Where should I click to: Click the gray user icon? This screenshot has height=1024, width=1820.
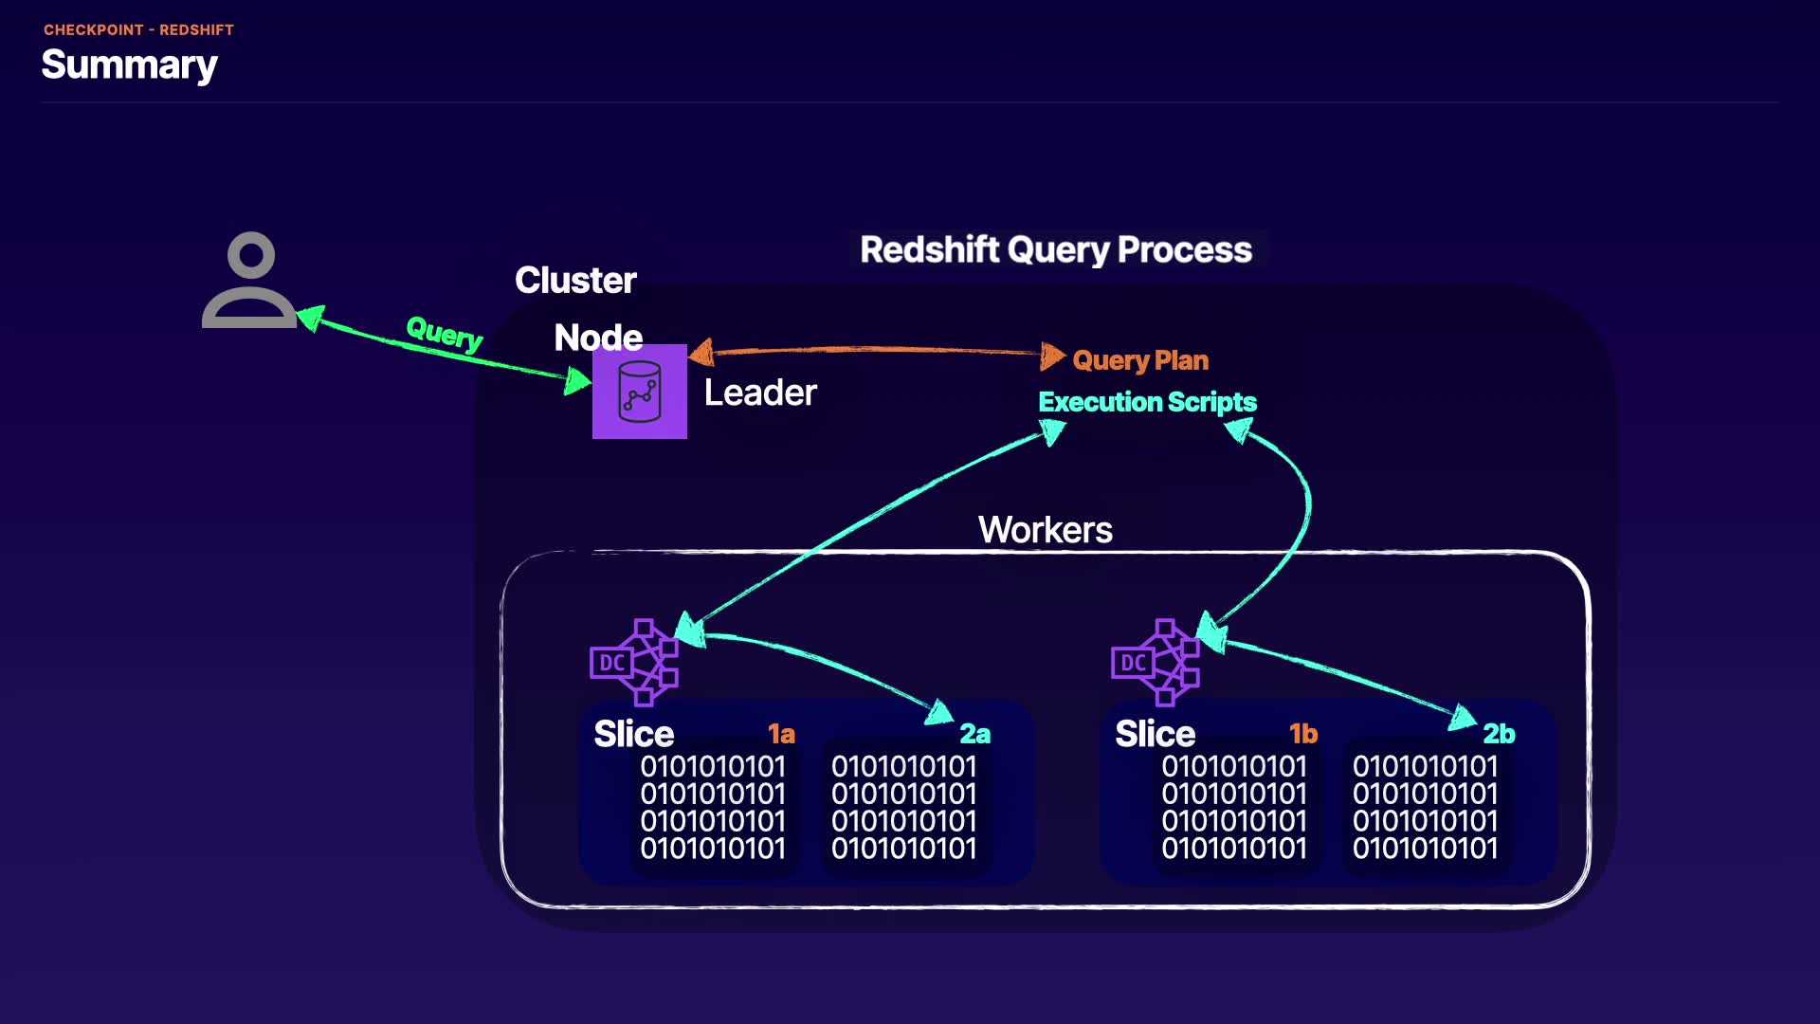point(249,282)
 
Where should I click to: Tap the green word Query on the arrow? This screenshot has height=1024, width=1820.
point(444,333)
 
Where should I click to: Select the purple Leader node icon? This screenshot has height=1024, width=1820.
point(640,392)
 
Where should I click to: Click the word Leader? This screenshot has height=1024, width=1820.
point(760,393)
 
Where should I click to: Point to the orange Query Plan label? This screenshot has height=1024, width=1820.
point(1140,360)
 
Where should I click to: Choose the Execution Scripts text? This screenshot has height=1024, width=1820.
point(1147,402)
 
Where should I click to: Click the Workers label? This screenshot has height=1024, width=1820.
point(1045,530)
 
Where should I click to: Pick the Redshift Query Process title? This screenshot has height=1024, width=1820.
point(1056,249)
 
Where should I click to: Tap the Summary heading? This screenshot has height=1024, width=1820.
point(130,64)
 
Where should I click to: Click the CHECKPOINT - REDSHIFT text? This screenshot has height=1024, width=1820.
point(138,30)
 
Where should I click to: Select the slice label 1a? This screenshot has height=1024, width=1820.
point(781,734)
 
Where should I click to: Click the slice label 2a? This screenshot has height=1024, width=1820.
point(974,734)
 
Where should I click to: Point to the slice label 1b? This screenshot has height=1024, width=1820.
point(1303,734)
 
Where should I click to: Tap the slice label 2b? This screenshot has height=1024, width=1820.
point(1499,734)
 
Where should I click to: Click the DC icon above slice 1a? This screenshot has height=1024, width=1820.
point(634,662)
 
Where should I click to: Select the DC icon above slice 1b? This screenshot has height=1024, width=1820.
point(1156,662)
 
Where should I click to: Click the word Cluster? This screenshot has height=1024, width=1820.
point(575,281)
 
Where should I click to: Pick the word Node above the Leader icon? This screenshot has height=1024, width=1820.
point(598,338)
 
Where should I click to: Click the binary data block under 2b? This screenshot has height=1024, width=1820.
point(1425,807)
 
